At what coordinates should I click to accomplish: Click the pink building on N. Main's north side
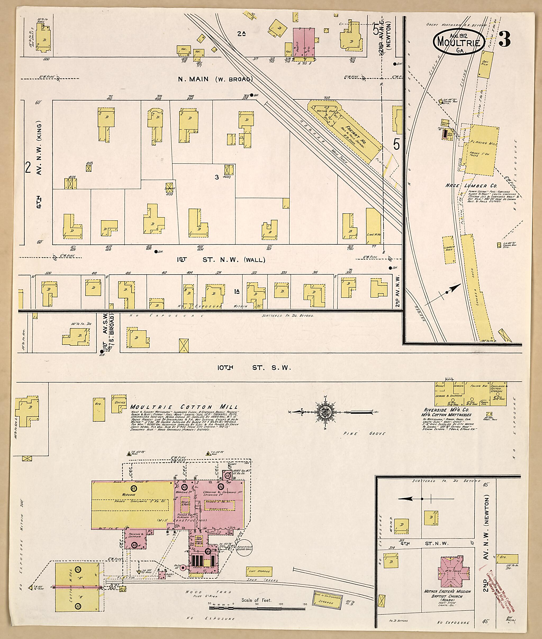coord(304,42)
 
